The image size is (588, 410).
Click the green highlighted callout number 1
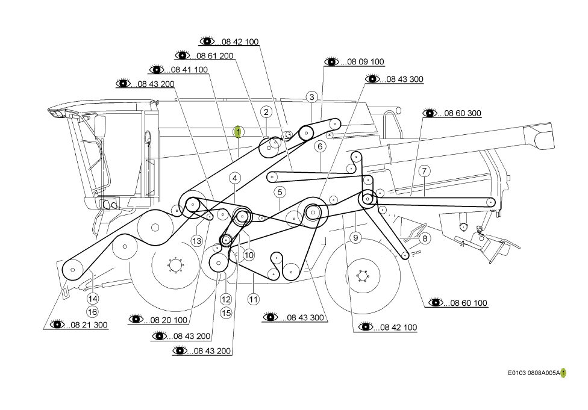[x=238, y=132]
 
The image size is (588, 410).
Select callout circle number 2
[x=266, y=112]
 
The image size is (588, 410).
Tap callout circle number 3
[x=312, y=97]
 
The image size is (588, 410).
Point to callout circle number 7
[x=424, y=171]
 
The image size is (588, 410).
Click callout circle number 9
[x=355, y=238]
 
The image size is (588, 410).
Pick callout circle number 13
[x=197, y=241]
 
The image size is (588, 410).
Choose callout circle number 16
[x=92, y=312]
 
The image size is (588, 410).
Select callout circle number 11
[x=254, y=299]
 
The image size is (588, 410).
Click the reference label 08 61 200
[x=215, y=56]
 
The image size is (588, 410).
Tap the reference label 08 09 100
[x=366, y=61]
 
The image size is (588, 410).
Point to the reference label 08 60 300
[x=463, y=113]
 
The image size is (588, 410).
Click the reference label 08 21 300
[x=89, y=325]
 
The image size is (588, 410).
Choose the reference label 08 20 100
[x=169, y=320]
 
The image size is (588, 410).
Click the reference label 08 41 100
[x=189, y=70]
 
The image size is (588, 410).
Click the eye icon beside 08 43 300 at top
[x=372, y=79]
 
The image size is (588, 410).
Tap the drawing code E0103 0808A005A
[x=534, y=373]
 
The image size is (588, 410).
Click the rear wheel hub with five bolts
[x=362, y=276]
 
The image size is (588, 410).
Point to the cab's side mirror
[x=100, y=126]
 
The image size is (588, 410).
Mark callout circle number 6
[x=320, y=146]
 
